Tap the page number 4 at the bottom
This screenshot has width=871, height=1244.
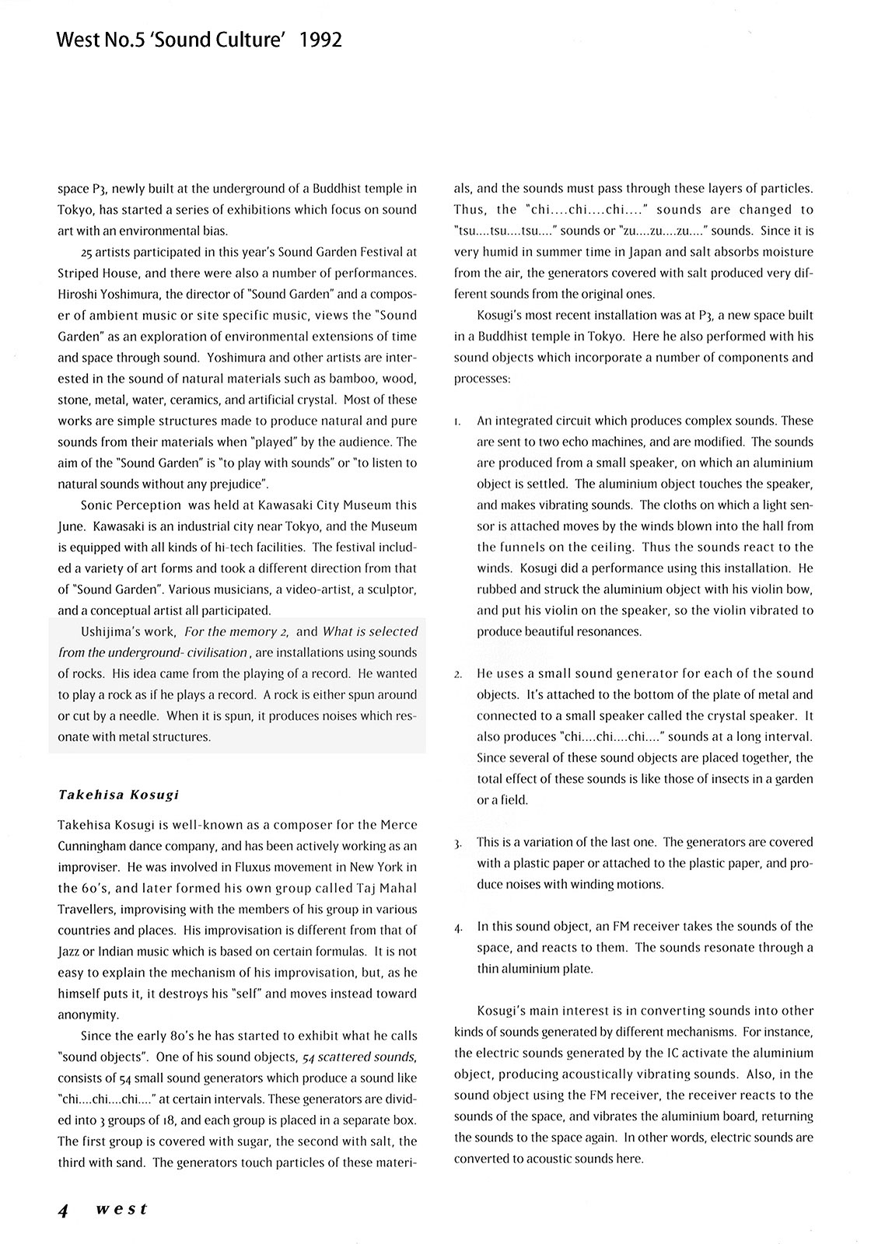tap(65, 1210)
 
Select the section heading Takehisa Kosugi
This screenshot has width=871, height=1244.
tap(118, 795)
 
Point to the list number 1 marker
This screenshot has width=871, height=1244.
tap(457, 421)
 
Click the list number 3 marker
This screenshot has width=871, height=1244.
tap(459, 843)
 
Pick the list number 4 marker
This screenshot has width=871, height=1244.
tap(459, 927)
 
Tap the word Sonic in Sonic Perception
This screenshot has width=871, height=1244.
tap(97, 505)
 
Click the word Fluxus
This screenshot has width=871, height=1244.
tap(201, 867)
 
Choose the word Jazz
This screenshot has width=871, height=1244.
tap(70, 951)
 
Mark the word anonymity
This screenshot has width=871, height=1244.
tap(89, 1015)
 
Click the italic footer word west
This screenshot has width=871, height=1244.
tap(121, 1210)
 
